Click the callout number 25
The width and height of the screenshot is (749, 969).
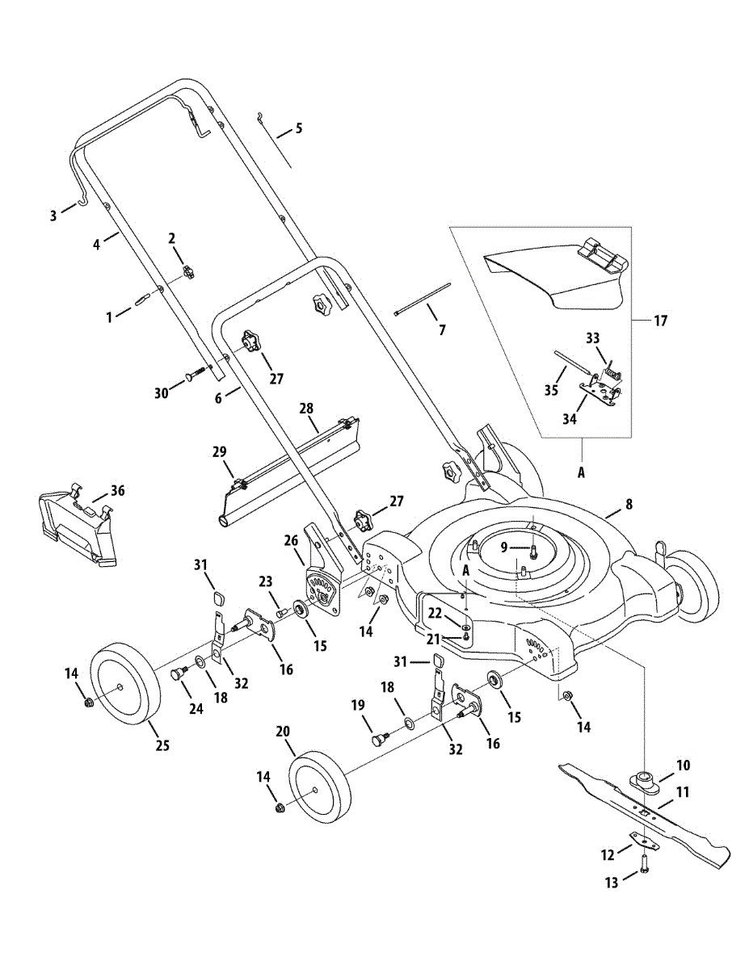coord(163,745)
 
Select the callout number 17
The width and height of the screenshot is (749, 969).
coord(661,321)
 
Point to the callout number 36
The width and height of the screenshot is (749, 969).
coord(118,491)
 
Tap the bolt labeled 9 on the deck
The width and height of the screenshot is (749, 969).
coord(532,551)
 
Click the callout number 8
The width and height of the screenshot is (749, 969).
coord(629,505)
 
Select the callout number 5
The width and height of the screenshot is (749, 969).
coord(298,128)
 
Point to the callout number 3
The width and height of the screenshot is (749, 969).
coord(53,216)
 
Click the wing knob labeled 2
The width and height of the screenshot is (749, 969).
coord(188,271)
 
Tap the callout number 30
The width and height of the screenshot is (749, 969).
coord(162,393)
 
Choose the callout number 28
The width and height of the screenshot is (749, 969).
coord(306,409)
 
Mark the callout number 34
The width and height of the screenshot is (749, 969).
coord(570,419)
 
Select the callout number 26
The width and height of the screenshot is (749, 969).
coord(292,541)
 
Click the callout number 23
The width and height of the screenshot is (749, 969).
coord(266,582)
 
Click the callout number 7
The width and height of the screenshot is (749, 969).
coord(442,330)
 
